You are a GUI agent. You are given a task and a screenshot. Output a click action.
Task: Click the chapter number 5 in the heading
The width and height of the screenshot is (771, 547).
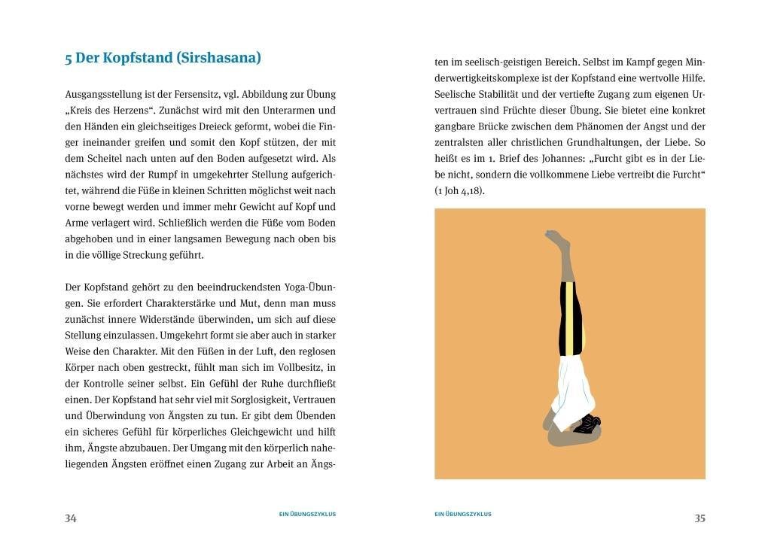coord(69,58)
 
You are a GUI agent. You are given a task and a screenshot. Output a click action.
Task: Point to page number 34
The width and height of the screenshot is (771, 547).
coord(71,518)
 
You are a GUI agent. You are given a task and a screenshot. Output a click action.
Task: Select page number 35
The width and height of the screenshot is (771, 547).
coord(699,518)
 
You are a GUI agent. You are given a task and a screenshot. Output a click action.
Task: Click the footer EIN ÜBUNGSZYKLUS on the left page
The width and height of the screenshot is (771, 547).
coord(307,515)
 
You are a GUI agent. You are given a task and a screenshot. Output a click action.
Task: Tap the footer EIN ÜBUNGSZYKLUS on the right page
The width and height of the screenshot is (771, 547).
coord(463,515)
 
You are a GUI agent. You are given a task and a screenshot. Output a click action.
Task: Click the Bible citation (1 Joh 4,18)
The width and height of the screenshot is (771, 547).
coord(459,191)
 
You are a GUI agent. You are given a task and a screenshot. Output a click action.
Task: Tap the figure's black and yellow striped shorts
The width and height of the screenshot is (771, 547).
coord(570,316)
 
